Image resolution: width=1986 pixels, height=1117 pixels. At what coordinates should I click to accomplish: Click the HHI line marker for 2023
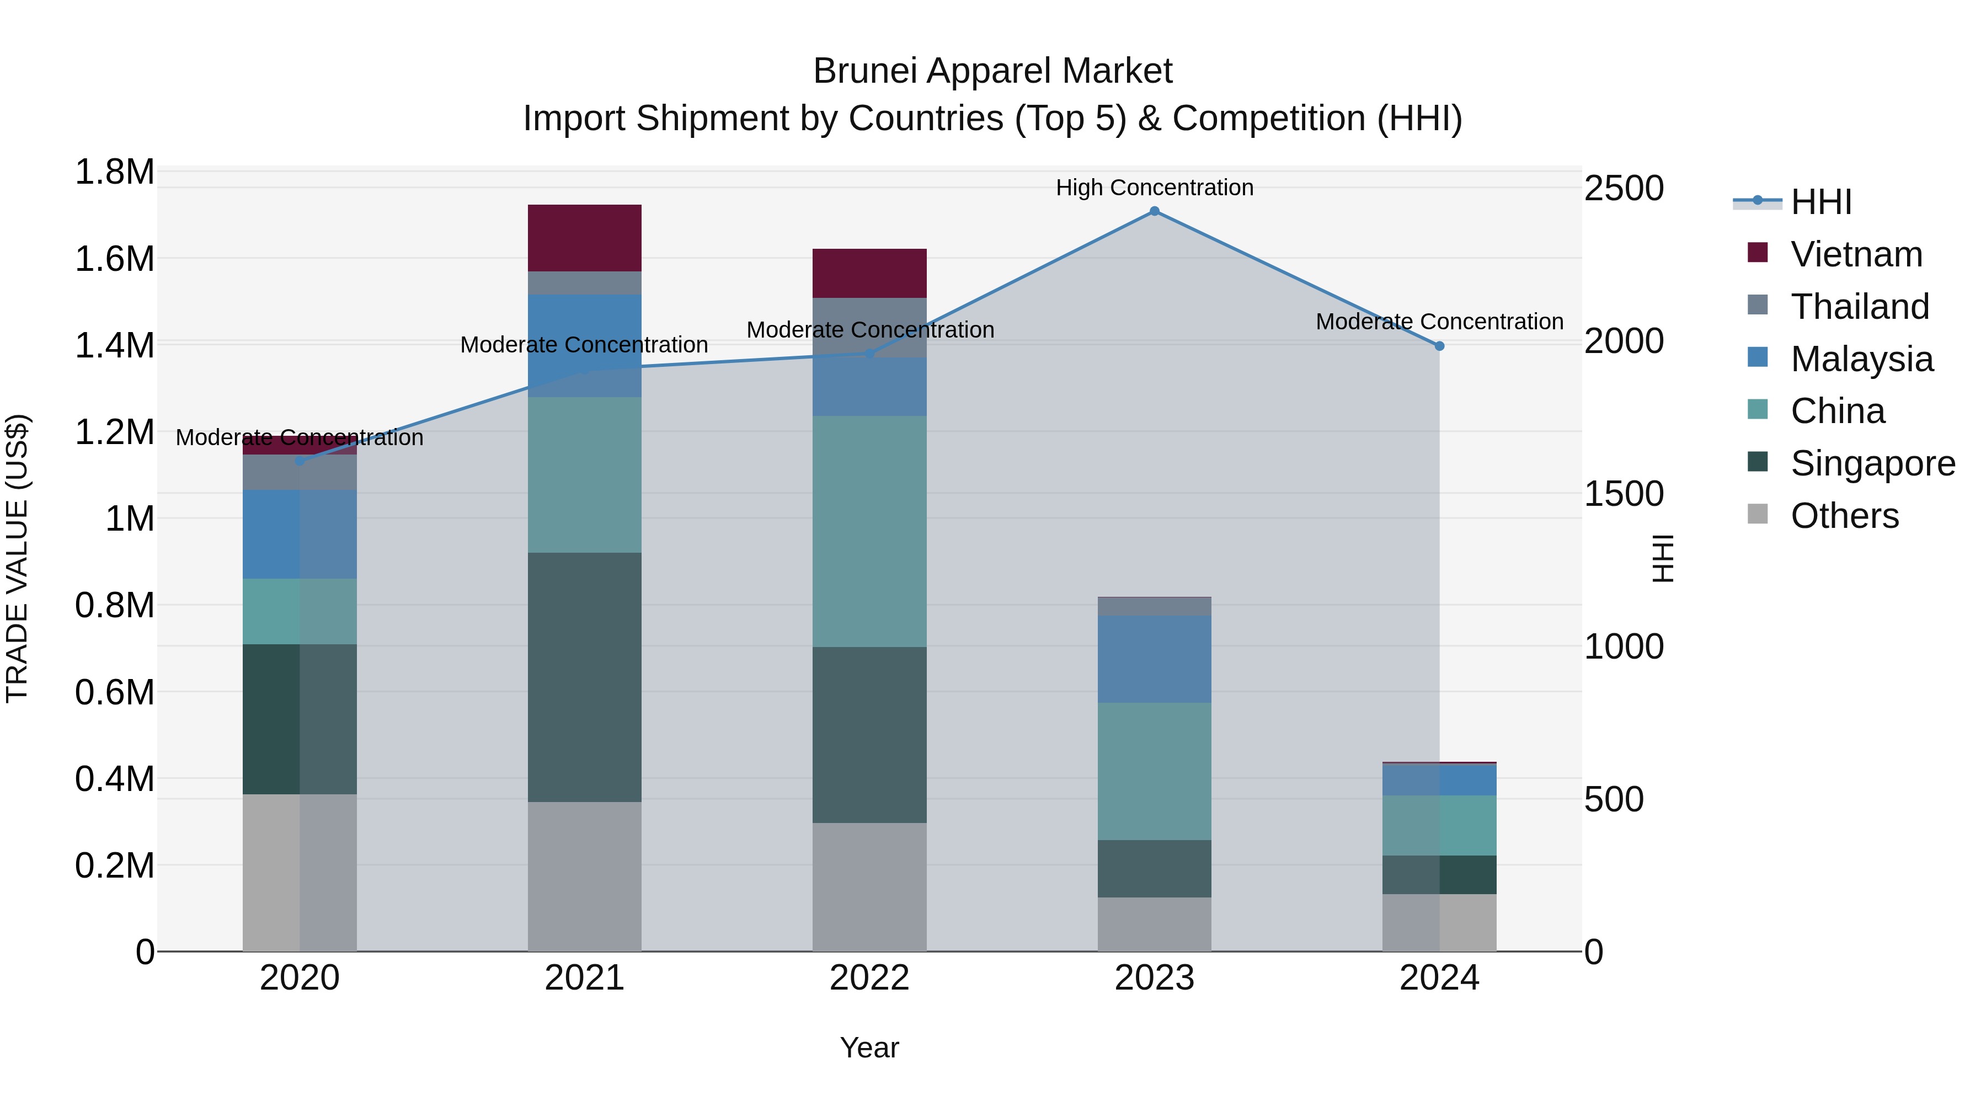pyautogui.click(x=1154, y=211)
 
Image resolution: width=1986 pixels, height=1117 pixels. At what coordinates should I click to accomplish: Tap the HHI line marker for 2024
pyautogui.click(x=1439, y=346)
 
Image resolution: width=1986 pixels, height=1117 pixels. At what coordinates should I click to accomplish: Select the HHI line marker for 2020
pyautogui.click(x=300, y=461)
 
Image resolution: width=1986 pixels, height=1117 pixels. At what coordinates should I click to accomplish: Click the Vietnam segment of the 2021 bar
pyautogui.click(x=584, y=237)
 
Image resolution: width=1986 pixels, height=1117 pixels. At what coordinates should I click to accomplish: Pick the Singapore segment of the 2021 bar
pyautogui.click(x=584, y=677)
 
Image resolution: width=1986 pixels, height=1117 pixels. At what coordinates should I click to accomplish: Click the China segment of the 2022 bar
pyautogui.click(x=869, y=531)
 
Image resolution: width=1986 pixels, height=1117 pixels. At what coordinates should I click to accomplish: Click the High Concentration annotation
pyautogui.click(x=1154, y=188)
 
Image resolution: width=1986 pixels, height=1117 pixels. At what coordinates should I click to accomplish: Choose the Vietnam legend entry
pyautogui.click(x=1856, y=254)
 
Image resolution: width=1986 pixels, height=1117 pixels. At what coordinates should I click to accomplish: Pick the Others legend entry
pyautogui.click(x=1844, y=516)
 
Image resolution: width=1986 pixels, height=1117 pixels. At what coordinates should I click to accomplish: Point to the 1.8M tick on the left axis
pyautogui.click(x=115, y=172)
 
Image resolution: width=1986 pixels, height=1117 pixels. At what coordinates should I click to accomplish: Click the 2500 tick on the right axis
pyautogui.click(x=1624, y=188)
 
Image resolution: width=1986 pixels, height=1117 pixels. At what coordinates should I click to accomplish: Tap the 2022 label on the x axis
pyautogui.click(x=869, y=978)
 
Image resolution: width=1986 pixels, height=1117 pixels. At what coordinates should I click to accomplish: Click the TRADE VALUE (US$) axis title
pyautogui.click(x=17, y=558)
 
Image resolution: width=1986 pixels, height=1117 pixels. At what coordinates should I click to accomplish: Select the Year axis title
pyautogui.click(x=869, y=1047)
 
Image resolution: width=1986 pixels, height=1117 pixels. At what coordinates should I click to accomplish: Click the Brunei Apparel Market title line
pyautogui.click(x=992, y=71)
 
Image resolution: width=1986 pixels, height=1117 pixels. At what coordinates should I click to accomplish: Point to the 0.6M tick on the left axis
pyautogui.click(x=115, y=692)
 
